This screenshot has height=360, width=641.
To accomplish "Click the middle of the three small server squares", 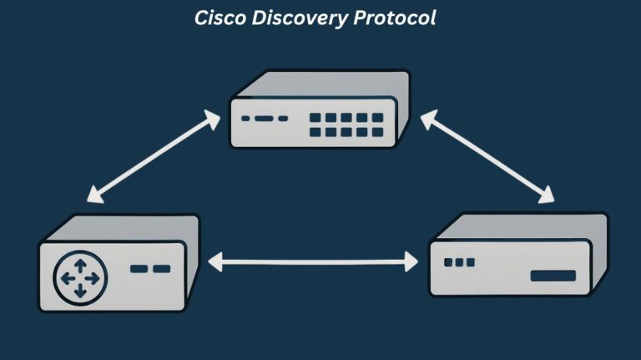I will [459, 262].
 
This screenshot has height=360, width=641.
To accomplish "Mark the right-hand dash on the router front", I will [161, 269].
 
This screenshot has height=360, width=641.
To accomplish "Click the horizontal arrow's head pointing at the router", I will [214, 263].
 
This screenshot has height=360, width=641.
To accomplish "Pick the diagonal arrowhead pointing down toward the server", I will [547, 197].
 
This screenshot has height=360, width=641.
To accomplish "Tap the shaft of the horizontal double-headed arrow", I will [313, 263].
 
